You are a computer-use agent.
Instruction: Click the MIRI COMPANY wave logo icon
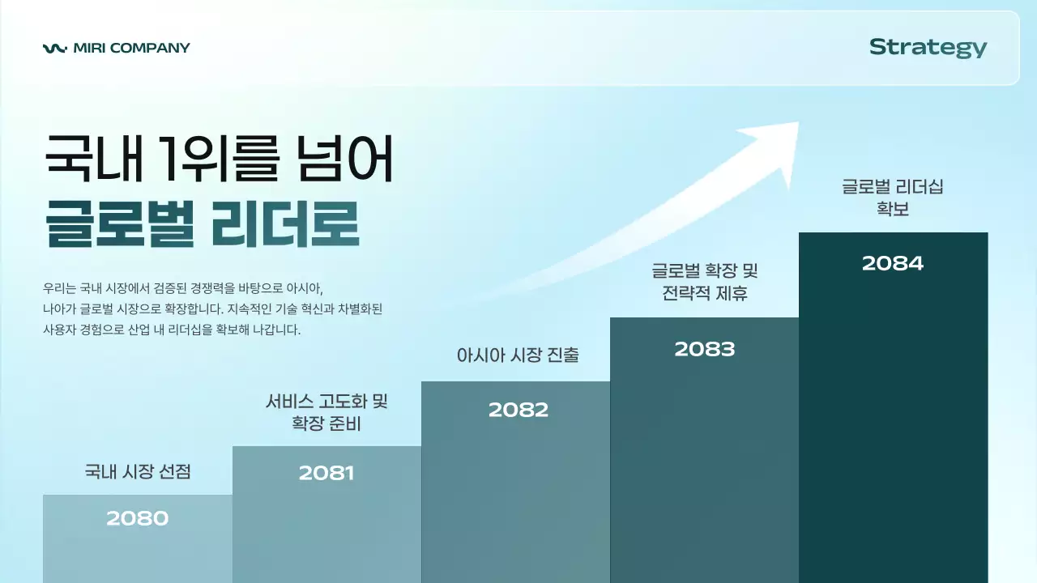click(x=55, y=48)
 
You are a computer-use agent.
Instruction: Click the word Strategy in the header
click(x=928, y=48)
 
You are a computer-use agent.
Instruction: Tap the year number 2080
click(x=138, y=518)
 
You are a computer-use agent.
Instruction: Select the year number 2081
click(x=326, y=473)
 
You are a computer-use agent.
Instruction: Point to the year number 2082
click(x=518, y=410)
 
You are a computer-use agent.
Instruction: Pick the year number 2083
click(x=705, y=349)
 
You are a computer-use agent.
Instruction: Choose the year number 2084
click(x=893, y=263)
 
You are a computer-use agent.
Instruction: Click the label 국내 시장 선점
click(x=138, y=471)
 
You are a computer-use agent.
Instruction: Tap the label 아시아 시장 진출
click(x=518, y=355)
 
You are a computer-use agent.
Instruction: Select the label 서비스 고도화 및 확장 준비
click(x=326, y=412)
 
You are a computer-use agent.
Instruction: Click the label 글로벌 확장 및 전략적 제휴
click(x=705, y=281)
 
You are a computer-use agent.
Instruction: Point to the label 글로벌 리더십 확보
click(x=893, y=197)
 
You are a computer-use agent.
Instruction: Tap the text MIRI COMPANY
click(x=131, y=48)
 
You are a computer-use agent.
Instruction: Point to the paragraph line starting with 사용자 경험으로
click(x=172, y=330)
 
